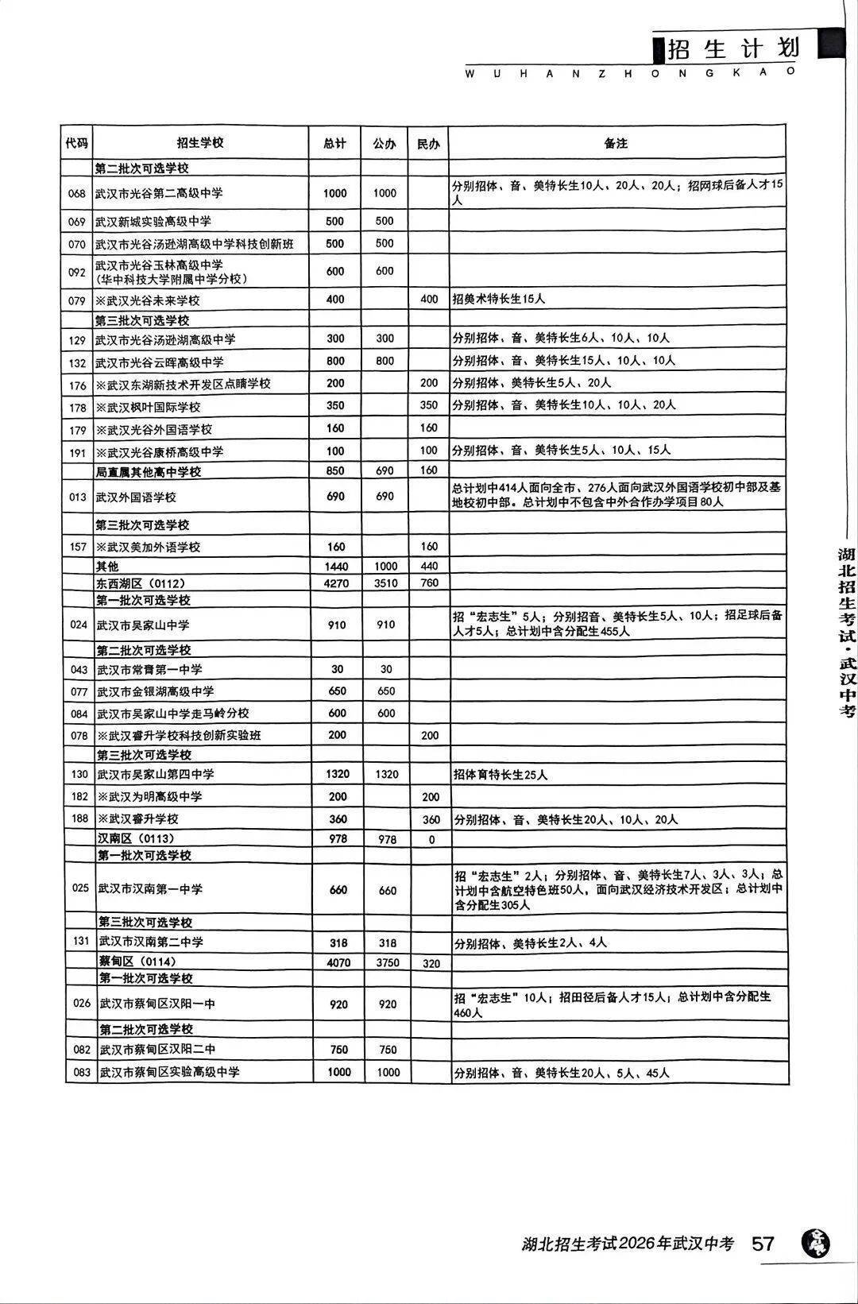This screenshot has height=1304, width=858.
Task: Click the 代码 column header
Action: pos(76,144)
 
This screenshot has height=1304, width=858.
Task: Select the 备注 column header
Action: pos(616,144)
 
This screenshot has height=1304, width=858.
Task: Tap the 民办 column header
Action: pos(428,144)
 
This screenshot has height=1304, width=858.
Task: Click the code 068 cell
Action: pos(76,194)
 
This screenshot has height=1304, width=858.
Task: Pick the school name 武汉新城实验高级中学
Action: pos(153,222)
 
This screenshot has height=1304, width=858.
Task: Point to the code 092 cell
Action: pos(76,272)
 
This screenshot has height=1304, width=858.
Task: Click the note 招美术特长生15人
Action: pos(498,300)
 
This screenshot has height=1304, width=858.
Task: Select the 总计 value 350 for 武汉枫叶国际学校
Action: pos(335,405)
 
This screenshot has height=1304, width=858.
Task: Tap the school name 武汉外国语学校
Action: pos(135,497)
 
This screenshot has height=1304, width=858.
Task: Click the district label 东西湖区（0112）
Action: pos(141,583)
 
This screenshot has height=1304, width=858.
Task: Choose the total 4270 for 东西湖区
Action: pos(336,582)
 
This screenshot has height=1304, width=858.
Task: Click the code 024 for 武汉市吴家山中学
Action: pos(79,625)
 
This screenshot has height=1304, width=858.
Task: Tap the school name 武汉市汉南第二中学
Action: pos(150,942)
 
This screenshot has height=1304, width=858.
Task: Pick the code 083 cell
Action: pos(82,1072)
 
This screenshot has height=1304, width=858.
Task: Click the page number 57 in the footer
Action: pos(763,1243)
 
